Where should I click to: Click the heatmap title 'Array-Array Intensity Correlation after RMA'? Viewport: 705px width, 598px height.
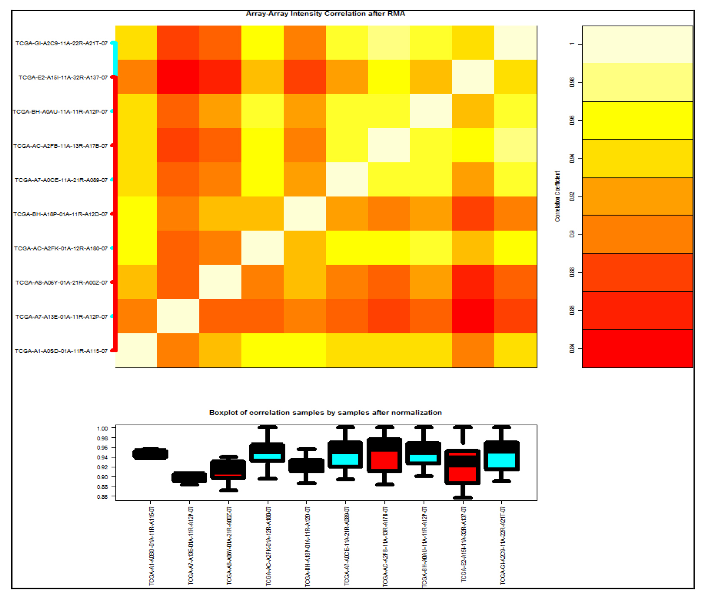pyautogui.click(x=325, y=14)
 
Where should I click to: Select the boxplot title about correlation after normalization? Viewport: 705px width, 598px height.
pyautogui.click(x=325, y=413)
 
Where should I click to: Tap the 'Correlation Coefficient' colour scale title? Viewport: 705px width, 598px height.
pyautogui.click(x=557, y=196)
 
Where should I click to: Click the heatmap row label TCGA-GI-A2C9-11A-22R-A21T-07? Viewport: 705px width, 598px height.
pyautogui.click(x=61, y=43)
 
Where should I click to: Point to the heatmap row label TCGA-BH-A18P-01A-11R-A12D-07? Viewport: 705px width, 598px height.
pyautogui.click(x=60, y=214)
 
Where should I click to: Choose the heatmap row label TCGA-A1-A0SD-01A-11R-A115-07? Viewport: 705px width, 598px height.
pyautogui.click(x=61, y=351)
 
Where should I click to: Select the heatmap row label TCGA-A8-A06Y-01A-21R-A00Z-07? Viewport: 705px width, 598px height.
pyautogui.click(x=61, y=283)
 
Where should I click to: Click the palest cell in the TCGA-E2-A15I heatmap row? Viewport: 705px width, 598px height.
pyautogui.click(x=473, y=77)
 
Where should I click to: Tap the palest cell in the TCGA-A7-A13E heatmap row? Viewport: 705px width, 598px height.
pyautogui.click(x=178, y=316)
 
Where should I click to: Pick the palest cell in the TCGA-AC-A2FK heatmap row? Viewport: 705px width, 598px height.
pyautogui.click(x=262, y=248)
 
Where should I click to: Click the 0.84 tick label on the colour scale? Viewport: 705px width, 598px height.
pyautogui.click(x=572, y=348)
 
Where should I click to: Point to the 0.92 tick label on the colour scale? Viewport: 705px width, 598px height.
pyautogui.click(x=572, y=197)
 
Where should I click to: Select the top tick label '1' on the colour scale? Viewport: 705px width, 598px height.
pyautogui.click(x=572, y=44)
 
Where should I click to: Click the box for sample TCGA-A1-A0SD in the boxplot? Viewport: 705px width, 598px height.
pyautogui.click(x=150, y=454)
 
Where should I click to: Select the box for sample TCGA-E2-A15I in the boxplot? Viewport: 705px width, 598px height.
pyautogui.click(x=462, y=467)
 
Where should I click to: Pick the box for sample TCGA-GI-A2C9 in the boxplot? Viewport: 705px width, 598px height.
pyautogui.click(x=501, y=456)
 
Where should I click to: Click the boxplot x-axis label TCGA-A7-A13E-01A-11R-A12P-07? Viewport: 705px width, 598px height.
pyautogui.click(x=190, y=546)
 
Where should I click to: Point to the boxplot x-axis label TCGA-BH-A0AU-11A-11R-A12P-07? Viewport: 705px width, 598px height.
pyautogui.click(x=424, y=546)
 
